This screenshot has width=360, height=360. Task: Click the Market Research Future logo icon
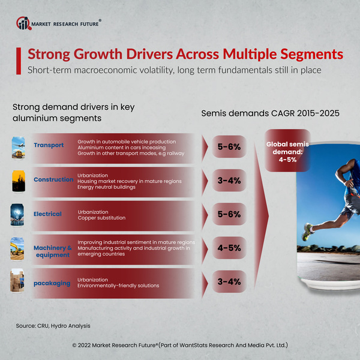[x=23, y=23]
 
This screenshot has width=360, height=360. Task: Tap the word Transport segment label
[x=49, y=145]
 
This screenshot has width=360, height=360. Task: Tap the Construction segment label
[x=53, y=179]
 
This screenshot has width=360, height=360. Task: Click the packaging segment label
[x=52, y=283]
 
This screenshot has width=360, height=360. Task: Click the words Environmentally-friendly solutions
[x=118, y=286]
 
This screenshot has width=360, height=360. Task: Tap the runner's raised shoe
[x=308, y=230]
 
